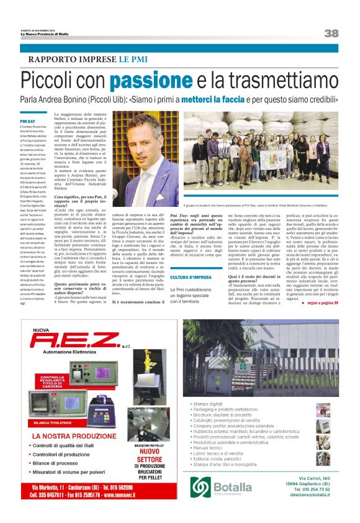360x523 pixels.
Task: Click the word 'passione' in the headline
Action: point(152,81)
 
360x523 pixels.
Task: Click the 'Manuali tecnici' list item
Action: point(210,448)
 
